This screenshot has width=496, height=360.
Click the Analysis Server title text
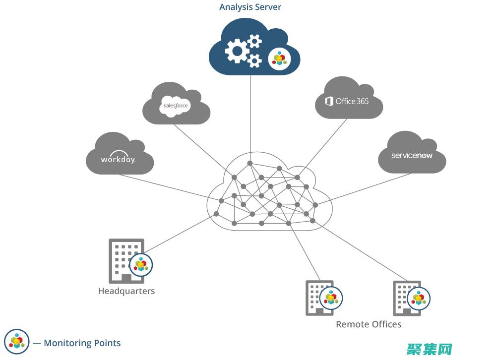pyautogui.click(x=250, y=7)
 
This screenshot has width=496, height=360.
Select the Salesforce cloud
pyautogui.click(x=176, y=105)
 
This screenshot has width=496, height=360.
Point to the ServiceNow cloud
pyautogui.click(x=412, y=155)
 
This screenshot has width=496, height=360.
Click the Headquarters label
pyautogui.click(x=126, y=291)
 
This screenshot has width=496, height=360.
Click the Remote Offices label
pyautogui.click(x=369, y=324)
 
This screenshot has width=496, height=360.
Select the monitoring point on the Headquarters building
pyautogui.click(x=141, y=265)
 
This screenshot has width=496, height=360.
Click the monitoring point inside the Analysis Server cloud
pyautogui.click(x=279, y=60)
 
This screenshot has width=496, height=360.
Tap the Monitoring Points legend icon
pyautogui.click(x=16, y=342)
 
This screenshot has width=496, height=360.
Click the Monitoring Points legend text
pyautogui.click(x=82, y=343)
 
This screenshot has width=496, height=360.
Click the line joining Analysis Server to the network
pyautogui.click(x=250, y=119)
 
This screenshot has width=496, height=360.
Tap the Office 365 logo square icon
pyautogui.click(x=329, y=101)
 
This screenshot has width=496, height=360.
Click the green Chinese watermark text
pyautogui.click(x=430, y=350)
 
